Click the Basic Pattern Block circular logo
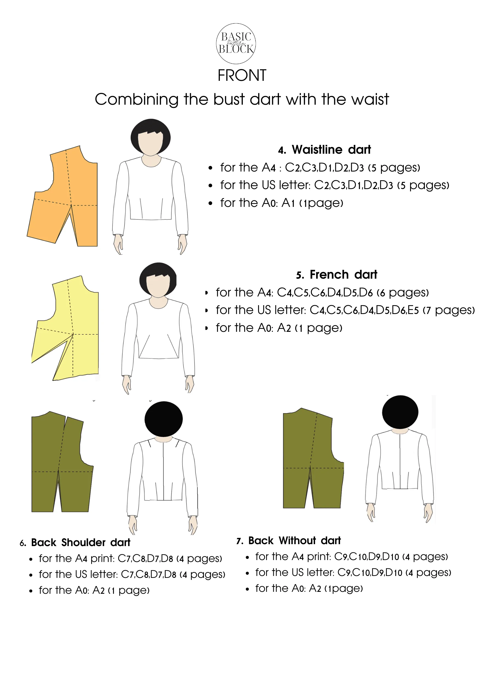pyautogui.click(x=236, y=44)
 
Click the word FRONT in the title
pyautogui.click(x=242, y=75)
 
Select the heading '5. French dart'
pyautogui.click(x=336, y=275)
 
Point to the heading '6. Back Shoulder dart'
pyautogui.click(x=75, y=543)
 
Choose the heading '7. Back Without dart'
pyautogui.click(x=289, y=541)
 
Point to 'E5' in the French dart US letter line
pyautogui.click(x=413, y=310)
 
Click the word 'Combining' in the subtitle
pyautogui.click(x=137, y=99)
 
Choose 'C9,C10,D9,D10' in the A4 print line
pyautogui.click(x=366, y=557)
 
